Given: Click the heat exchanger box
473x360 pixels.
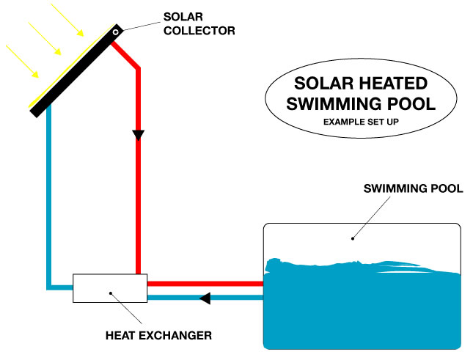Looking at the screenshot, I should click(110, 288).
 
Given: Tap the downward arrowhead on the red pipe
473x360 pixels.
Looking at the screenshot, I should click(137, 135).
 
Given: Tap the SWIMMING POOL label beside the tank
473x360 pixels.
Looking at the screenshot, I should click(414, 188).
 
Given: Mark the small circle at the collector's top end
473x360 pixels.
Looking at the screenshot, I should click(116, 32).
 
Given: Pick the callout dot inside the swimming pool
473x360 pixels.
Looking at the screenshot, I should click(353, 237).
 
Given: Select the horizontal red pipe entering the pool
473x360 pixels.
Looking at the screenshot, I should click(205, 283).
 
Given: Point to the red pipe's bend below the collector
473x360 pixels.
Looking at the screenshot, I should click(137, 69).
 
